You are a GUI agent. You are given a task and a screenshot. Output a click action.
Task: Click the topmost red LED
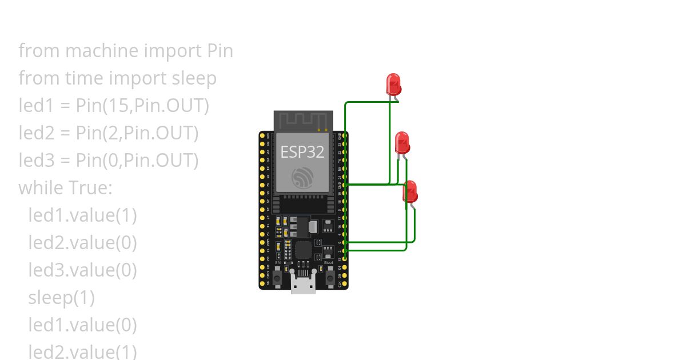[x=393, y=84]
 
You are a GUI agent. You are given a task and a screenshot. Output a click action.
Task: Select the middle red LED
[x=402, y=142]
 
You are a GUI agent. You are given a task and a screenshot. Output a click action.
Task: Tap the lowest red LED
[x=410, y=191]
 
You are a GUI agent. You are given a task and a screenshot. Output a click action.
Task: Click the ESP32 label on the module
[x=302, y=152]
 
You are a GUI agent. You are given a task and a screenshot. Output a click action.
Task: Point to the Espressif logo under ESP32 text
[x=302, y=178]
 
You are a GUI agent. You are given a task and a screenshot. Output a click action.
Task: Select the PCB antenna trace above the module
[x=303, y=121]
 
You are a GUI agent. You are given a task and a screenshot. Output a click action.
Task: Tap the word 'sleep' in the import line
[x=194, y=78]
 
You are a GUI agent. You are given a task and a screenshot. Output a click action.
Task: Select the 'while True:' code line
[x=66, y=187]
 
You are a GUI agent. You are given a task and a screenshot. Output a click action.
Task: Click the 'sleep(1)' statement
[x=62, y=297]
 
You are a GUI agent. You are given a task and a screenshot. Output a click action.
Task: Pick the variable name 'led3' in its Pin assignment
[x=36, y=161]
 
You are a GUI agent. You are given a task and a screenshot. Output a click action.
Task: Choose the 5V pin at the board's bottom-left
[x=262, y=283]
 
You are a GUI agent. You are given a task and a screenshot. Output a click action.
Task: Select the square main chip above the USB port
[x=303, y=250]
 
